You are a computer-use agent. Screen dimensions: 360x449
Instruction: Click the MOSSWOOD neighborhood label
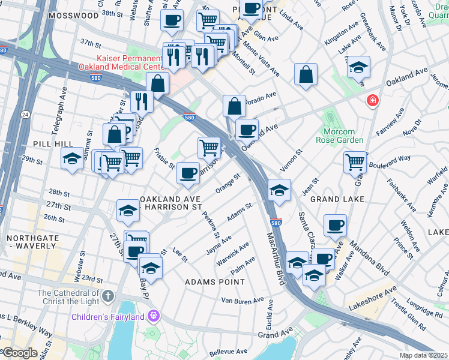[x=74, y=15]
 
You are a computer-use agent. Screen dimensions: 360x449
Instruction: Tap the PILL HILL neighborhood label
[x=53, y=144]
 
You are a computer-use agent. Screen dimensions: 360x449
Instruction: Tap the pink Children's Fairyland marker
[x=154, y=315]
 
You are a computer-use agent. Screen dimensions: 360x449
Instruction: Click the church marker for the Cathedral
[x=107, y=296]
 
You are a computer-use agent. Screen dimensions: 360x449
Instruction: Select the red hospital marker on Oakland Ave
[x=373, y=100]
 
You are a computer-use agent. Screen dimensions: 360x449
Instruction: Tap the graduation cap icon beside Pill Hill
[x=72, y=160]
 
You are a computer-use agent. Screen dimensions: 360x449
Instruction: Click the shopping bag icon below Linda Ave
[x=306, y=75]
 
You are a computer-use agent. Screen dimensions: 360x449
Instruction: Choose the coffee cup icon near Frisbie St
[x=188, y=173]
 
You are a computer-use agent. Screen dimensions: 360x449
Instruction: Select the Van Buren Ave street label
[x=243, y=300]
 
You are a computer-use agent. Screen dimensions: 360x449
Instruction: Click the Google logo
[x=19, y=353]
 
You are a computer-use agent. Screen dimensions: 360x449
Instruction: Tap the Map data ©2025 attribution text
[x=423, y=355]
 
